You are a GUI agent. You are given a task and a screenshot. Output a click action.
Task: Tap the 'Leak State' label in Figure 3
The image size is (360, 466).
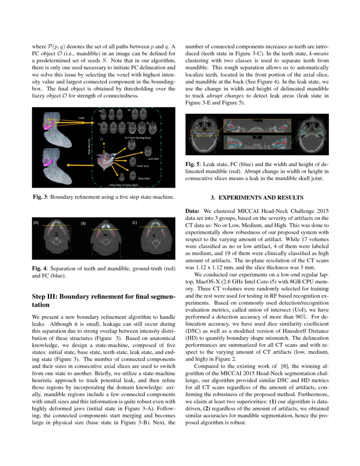click(x=153, y=159)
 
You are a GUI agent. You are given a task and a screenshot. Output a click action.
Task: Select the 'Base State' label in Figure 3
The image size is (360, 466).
click(x=144, y=178)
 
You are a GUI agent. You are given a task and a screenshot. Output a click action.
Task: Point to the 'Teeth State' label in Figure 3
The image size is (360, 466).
click(x=143, y=166)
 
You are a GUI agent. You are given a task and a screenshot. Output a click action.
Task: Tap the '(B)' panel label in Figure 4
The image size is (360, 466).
click(x=84, y=223)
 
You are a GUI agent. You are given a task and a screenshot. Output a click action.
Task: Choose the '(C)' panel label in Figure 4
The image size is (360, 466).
click(x=134, y=222)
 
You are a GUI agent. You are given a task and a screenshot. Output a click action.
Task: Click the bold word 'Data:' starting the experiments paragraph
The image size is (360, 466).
click(x=194, y=211)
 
